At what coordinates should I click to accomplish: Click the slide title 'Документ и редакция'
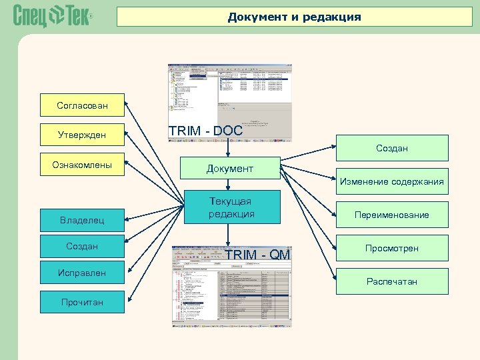point(294,17)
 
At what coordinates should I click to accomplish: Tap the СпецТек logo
point(51,16)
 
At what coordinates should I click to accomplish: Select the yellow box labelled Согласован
point(82,105)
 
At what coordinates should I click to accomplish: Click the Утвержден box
point(82,135)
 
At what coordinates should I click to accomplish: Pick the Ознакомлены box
point(82,165)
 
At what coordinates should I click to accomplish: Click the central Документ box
point(229,169)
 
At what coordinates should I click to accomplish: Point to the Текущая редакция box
point(231,207)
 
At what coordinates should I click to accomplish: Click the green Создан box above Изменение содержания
point(391,148)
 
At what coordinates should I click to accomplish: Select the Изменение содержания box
point(391,181)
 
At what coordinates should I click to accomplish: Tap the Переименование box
point(391,215)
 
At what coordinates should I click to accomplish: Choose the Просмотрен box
point(391,248)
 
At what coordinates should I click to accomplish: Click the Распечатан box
point(391,281)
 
